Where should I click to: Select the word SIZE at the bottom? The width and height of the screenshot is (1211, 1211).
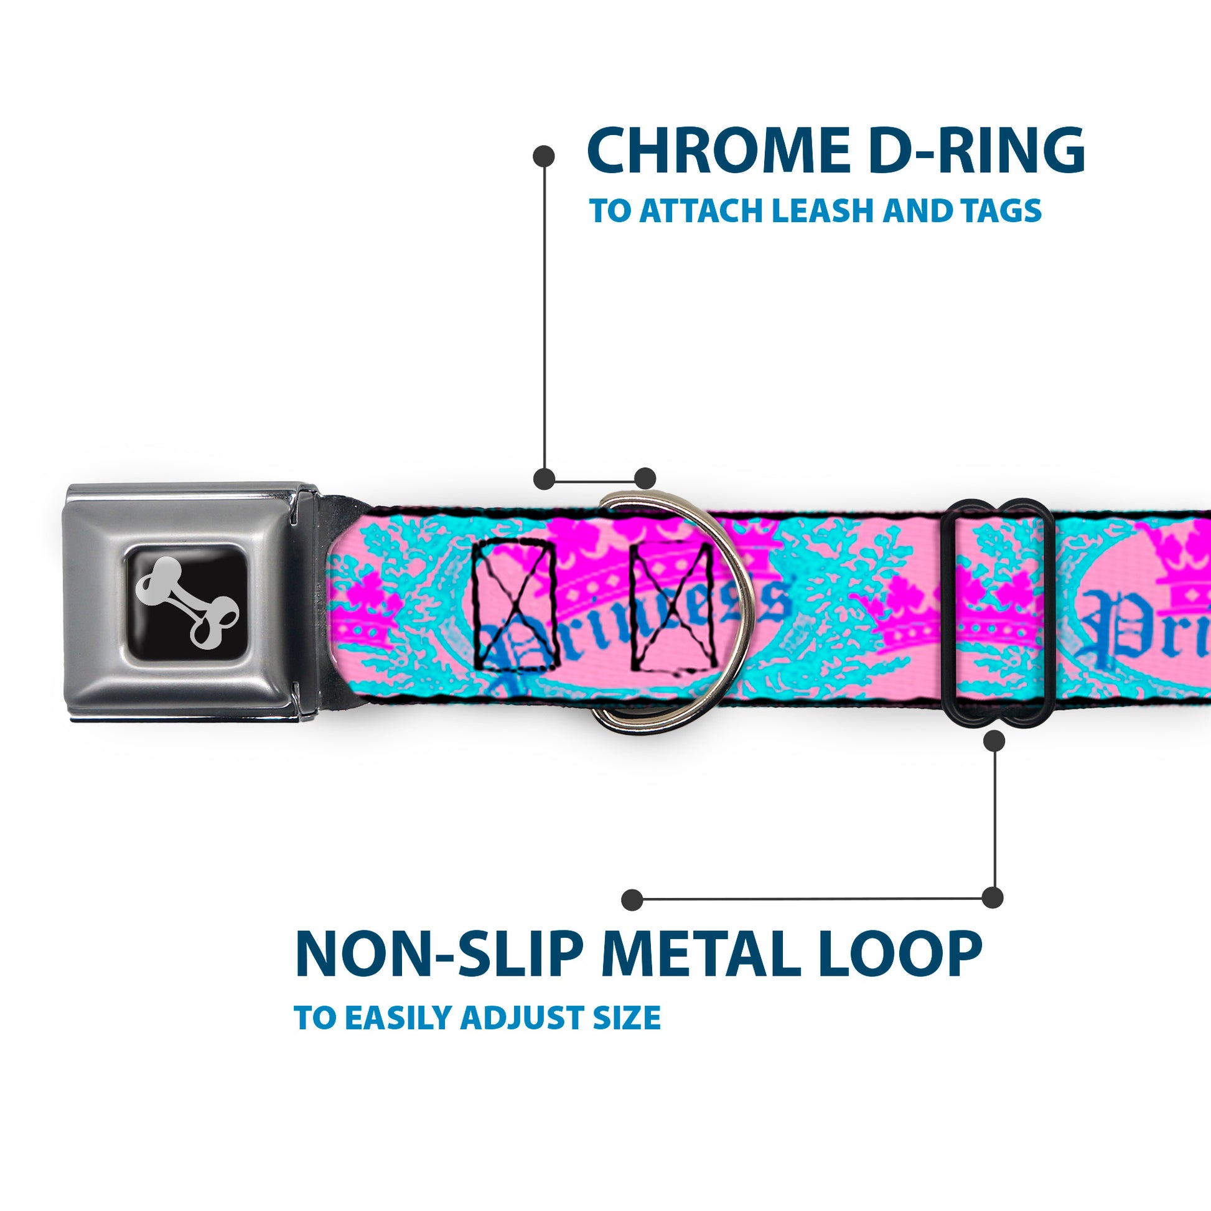tap(627, 1017)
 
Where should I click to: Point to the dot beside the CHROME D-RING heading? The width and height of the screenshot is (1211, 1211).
tap(543, 156)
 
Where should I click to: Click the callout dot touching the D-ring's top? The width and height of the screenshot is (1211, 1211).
tap(644, 479)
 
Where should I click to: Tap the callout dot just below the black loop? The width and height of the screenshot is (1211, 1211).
tap(994, 741)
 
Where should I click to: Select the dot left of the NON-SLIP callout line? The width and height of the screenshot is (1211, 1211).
tap(632, 899)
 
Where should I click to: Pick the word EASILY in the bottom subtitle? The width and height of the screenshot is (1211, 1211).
tap(401, 1017)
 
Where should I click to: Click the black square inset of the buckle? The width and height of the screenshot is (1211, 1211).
tap(187, 602)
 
